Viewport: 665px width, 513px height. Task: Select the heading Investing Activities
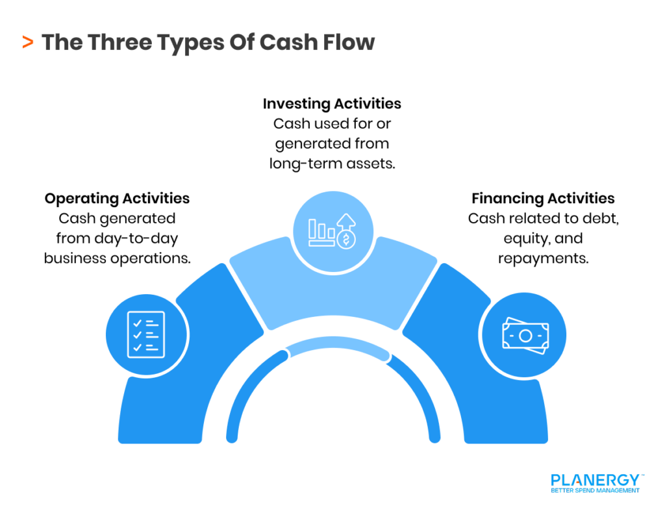332,104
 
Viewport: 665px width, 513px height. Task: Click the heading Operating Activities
117,198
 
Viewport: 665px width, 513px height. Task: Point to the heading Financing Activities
543,198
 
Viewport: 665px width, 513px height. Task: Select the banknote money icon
525,336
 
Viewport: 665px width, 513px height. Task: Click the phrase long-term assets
332,164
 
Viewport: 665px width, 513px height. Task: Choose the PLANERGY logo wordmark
595,481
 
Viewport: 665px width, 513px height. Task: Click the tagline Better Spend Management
595,491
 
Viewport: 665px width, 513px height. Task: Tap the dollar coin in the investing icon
347,240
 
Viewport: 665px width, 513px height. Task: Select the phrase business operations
117,258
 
